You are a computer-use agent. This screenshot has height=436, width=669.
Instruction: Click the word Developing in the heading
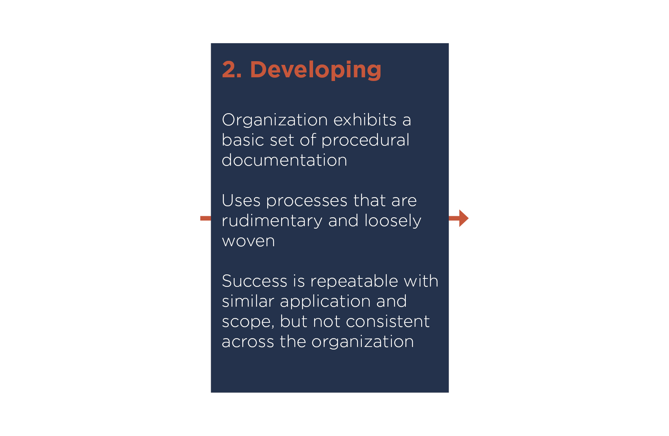[x=316, y=70]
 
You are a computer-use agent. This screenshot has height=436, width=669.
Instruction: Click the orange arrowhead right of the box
[x=464, y=218]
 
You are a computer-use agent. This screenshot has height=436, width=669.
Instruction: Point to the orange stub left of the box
[x=206, y=218]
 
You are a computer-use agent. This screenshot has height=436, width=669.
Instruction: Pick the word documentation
[x=284, y=160]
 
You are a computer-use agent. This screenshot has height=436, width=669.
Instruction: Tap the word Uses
[x=242, y=201]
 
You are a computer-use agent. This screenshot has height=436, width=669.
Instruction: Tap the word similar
[x=248, y=301]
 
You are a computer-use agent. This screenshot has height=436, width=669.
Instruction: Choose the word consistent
[x=387, y=322]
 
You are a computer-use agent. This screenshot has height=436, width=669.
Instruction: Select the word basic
[x=243, y=140]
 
